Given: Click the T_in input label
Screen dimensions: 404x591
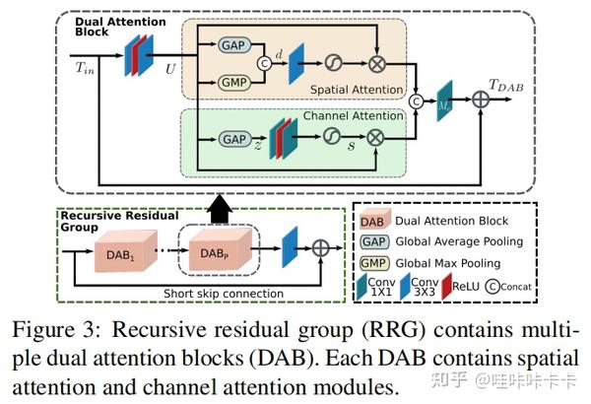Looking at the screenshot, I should click(87, 67).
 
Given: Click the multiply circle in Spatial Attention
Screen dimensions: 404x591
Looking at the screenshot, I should click(375, 65).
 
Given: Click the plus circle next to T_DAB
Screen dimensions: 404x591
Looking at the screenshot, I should click(480, 101).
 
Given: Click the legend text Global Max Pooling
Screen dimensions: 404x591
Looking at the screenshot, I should click(454, 263).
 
